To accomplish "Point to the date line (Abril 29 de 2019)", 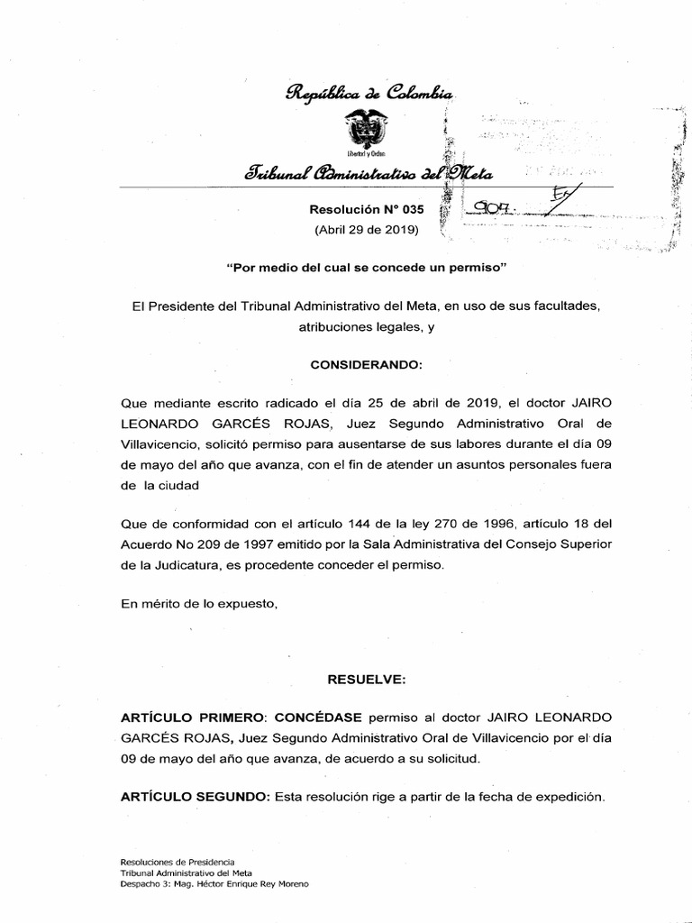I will click(x=366, y=231).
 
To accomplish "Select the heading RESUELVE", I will click(x=365, y=676).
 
